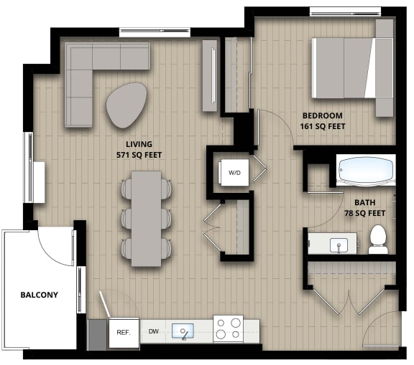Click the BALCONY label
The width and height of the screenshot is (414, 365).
click(x=39, y=295)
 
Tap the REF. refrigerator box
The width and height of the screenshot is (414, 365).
click(x=123, y=332)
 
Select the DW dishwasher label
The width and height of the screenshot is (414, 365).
click(x=153, y=331)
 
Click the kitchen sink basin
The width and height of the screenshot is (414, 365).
click(x=183, y=331)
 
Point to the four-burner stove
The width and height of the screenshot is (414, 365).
click(x=228, y=328)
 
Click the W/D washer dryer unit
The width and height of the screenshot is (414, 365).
click(x=234, y=173)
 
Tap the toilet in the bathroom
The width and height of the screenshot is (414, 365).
click(x=378, y=239)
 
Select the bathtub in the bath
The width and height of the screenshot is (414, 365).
click(x=366, y=171)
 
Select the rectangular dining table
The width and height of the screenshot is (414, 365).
click(x=147, y=217)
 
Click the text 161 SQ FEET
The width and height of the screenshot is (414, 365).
click(x=322, y=127)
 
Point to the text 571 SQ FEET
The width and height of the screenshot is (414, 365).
click(x=139, y=154)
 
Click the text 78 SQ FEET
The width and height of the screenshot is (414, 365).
click(x=365, y=213)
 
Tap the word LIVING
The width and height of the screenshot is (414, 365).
click(x=139, y=143)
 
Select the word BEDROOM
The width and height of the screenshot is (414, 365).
click(x=322, y=115)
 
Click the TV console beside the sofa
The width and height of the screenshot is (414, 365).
click(x=210, y=75)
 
